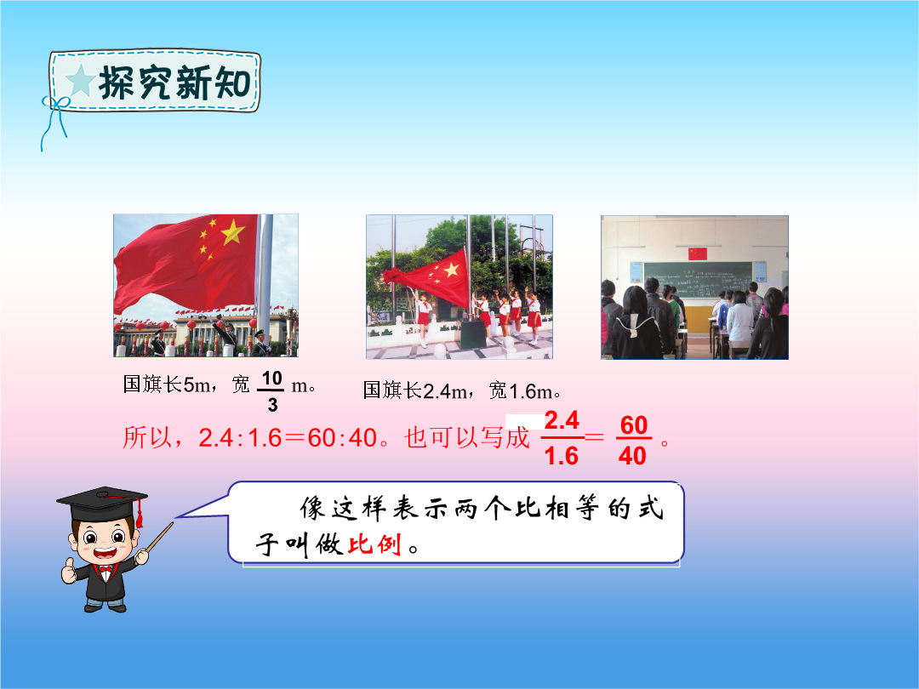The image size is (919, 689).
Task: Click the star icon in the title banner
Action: click(x=80, y=80)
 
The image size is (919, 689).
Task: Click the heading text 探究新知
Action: click(x=175, y=83)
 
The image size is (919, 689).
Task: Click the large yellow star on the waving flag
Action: click(x=232, y=231)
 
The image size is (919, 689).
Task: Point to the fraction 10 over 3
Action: click(x=271, y=390)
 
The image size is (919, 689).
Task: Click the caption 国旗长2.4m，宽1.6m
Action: click(x=460, y=390)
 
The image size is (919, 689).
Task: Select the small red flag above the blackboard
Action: click(x=698, y=253)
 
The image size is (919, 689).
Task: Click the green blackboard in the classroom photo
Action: click(x=698, y=280)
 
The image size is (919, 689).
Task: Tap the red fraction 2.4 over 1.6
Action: click(x=562, y=438)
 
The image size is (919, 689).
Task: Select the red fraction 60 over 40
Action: click(x=634, y=440)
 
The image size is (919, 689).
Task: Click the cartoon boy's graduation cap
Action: click(x=102, y=504)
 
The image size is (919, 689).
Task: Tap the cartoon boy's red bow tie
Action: click(x=106, y=568)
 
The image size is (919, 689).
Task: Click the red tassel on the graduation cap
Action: click(x=140, y=515)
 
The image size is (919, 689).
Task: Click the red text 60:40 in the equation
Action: click(x=342, y=438)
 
